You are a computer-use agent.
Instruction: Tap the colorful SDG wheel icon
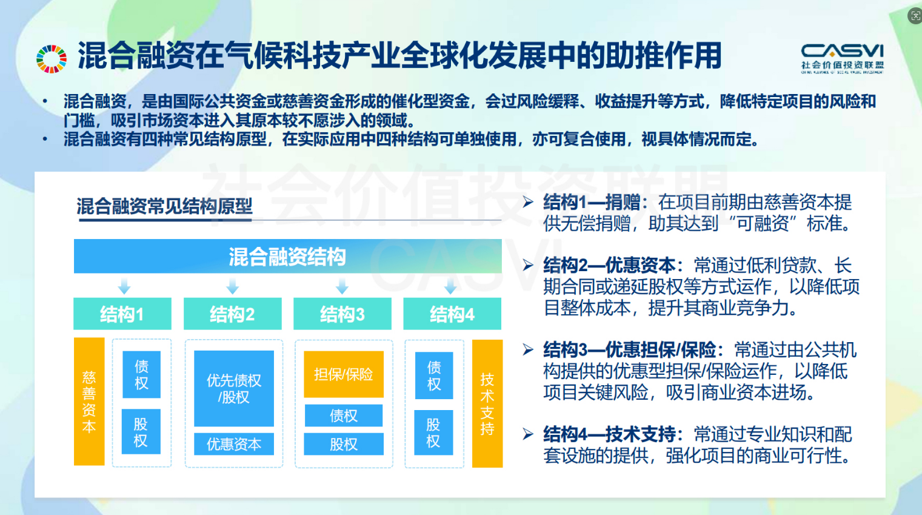coord(52,59)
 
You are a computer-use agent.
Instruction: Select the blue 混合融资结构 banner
coord(288,256)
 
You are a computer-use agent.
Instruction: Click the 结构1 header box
coord(122,314)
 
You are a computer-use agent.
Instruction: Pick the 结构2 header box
coord(233,314)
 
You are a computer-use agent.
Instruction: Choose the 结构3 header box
coord(342,314)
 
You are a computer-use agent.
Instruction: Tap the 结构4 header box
coord(452,314)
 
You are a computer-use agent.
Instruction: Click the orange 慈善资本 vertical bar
coord(89,402)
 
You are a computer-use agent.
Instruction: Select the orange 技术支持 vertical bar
coord(487,404)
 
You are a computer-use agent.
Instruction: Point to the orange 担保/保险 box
coord(344,374)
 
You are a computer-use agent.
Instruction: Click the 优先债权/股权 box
coord(234,388)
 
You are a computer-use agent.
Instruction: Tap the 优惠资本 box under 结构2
coord(234,444)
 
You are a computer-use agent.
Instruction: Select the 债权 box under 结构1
coord(142,374)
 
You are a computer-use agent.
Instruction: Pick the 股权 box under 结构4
coord(433,433)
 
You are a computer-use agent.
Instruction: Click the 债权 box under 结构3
coord(344,416)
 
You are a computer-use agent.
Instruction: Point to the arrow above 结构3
coord(342,286)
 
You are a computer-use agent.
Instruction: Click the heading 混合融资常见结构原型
coord(164,206)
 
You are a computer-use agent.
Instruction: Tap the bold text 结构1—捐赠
coord(592,203)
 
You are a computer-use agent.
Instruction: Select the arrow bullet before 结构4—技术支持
coord(528,434)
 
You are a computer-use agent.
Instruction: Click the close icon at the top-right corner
coord(915,16)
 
